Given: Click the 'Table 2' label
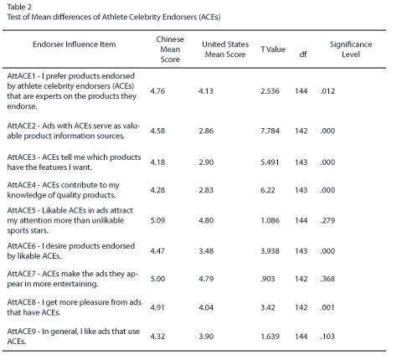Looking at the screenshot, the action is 19,7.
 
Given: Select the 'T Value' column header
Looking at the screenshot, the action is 273,49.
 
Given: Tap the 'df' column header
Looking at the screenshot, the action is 303,54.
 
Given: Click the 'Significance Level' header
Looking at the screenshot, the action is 351,49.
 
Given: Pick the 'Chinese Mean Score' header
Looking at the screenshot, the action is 170,49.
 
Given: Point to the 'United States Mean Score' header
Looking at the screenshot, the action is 225,49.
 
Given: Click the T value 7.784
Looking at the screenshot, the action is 270,131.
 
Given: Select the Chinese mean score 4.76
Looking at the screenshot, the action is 157,91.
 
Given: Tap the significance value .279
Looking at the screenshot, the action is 327,220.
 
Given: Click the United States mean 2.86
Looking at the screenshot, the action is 206,131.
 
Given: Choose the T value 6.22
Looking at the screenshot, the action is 268,190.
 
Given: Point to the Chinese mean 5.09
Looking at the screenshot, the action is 157,220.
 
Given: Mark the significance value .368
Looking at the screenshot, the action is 327,279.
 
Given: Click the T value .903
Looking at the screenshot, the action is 268,279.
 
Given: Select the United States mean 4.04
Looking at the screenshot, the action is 206,307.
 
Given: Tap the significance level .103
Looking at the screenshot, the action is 327,337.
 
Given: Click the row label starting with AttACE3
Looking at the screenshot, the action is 74,162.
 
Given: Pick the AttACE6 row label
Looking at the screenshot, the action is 71,251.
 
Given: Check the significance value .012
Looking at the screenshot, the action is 327,91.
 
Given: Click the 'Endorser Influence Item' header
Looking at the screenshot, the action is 74,44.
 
